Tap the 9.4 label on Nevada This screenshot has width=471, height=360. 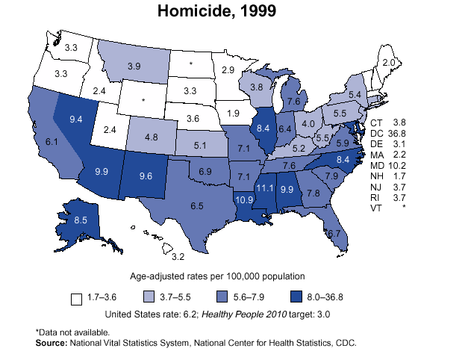(x=76, y=119)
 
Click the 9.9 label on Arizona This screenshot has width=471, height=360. (x=103, y=172)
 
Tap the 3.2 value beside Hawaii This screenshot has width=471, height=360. (x=178, y=257)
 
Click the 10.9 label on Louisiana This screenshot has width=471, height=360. (x=244, y=200)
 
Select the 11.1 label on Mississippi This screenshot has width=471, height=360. (x=263, y=188)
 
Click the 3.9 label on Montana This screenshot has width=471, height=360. (x=134, y=66)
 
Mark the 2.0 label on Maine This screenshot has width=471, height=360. (x=389, y=63)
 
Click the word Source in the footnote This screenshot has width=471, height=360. (x=51, y=344)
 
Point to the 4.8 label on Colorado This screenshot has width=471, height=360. (x=151, y=137)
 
